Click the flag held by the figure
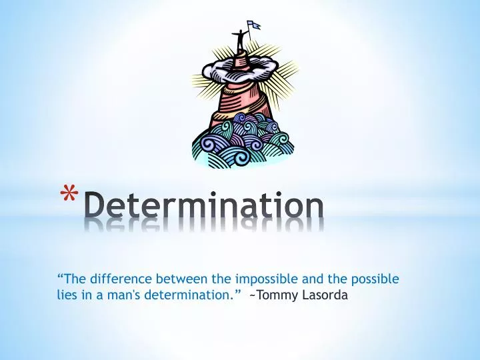coord(253,25)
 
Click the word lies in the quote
coord(67,295)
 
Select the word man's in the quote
coord(121,295)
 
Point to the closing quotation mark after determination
coord(237,291)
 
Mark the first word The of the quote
coord(74,279)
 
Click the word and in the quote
coord(307,279)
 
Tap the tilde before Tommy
coord(253,295)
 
